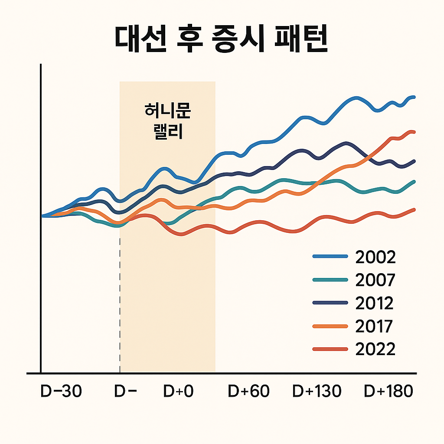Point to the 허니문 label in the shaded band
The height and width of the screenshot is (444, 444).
[x=167, y=111]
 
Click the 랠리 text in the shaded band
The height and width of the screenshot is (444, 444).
[x=167, y=131]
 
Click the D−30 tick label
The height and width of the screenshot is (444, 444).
[x=61, y=392]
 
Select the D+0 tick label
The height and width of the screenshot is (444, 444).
[x=178, y=392]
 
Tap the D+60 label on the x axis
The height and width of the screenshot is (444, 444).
[x=248, y=392]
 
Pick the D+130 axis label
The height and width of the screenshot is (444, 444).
[x=317, y=392]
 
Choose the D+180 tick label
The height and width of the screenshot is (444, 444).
[x=388, y=392]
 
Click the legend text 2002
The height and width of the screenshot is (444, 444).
[x=375, y=257]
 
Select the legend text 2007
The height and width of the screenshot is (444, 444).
[x=375, y=281]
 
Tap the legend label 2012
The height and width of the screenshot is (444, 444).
[x=374, y=303]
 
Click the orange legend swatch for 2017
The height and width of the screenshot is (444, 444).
[x=330, y=326]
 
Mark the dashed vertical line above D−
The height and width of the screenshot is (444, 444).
[x=120, y=299]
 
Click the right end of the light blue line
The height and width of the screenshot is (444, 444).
[x=414, y=97]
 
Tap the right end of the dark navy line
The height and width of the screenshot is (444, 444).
[x=414, y=161]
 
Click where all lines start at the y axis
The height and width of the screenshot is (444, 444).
[x=42, y=215]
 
